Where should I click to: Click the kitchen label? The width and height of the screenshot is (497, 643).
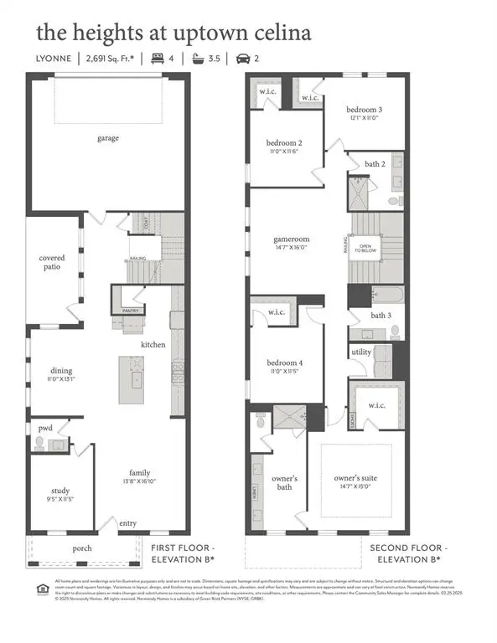point(153,344)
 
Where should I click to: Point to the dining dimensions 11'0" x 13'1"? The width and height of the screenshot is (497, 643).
point(61,380)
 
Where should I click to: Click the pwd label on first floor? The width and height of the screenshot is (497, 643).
point(44,428)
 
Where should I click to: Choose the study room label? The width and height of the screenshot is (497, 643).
point(60,491)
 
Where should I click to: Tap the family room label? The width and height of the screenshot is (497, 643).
point(139,472)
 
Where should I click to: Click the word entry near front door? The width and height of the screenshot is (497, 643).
point(127,522)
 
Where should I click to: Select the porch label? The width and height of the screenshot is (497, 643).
point(81,548)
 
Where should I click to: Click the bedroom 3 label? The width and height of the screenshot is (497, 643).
point(364,111)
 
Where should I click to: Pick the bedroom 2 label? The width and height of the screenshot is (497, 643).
point(284,142)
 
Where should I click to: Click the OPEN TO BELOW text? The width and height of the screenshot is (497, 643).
point(365,248)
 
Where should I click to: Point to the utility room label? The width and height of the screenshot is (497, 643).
point(361,352)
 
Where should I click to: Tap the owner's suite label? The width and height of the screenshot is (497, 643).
point(355,478)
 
